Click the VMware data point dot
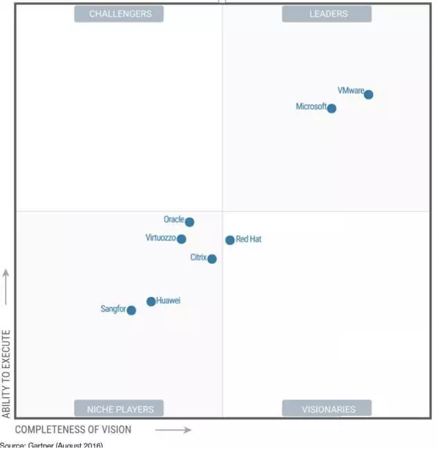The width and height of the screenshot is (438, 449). [x=369, y=95]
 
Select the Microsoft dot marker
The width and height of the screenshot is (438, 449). [x=331, y=108]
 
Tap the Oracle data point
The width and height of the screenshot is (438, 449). [x=190, y=222]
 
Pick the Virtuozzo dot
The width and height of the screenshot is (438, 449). [x=181, y=239]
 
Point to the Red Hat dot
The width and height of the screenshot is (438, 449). [x=230, y=240]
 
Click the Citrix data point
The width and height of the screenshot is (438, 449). [x=212, y=259]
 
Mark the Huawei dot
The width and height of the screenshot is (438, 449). [x=151, y=301]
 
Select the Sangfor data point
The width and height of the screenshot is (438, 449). [x=131, y=310]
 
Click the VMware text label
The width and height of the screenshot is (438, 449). [x=350, y=90]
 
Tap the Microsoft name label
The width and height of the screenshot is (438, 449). [x=311, y=107]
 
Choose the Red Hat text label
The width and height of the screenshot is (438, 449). [x=248, y=240]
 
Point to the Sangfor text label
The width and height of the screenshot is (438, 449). [x=113, y=309]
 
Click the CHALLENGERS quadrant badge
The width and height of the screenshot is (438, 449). [x=119, y=14]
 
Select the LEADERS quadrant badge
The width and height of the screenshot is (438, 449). [x=327, y=14]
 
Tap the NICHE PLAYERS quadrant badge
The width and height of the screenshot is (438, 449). [x=119, y=408]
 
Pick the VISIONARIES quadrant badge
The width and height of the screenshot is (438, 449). [x=327, y=408]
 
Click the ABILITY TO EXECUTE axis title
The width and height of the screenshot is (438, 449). [x=7, y=374]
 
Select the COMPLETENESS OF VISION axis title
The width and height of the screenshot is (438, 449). [x=73, y=430]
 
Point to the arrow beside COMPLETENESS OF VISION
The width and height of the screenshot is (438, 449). [x=173, y=430]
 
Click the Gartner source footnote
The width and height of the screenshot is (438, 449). [x=51, y=446]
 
